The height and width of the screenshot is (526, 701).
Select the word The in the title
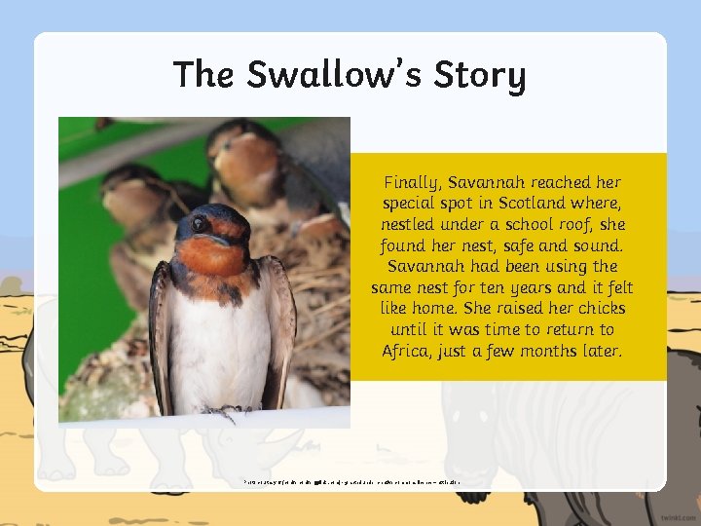click(204, 75)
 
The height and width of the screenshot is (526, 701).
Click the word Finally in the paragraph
click(412, 183)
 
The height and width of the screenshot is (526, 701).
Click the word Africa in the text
click(407, 351)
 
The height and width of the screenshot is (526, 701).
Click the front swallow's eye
click(198, 224)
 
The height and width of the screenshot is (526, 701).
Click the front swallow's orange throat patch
click(212, 255)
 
